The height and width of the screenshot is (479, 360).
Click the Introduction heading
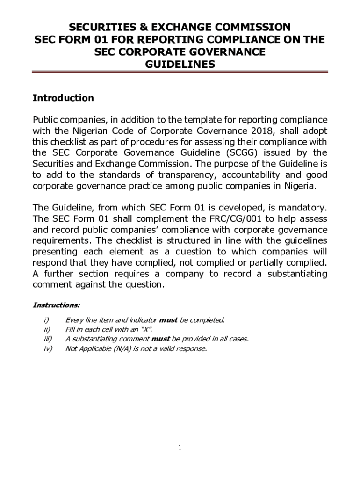coord(63,98)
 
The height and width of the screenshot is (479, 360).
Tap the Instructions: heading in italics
coord(56,305)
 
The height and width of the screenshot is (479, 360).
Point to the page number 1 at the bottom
coord(180,448)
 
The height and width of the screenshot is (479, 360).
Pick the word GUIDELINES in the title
coord(180,65)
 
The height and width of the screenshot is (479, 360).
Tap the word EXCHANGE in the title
coord(176,27)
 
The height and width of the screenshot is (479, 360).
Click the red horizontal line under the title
coord(180,73)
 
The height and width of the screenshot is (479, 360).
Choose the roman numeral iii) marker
coord(47,339)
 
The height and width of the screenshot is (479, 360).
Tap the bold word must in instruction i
coord(169,320)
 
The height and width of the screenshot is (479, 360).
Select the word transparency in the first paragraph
coord(187,175)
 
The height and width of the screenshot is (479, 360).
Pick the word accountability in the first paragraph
coord(255,175)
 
